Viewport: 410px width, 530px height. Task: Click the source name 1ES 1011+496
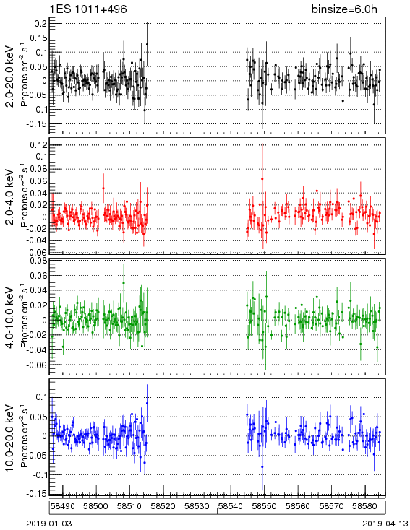tap(88, 9)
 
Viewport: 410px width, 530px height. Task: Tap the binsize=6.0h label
tap(344, 9)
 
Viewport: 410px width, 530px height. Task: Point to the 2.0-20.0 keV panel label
tap(11, 76)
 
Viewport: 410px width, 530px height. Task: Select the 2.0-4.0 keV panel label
tap(11, 197)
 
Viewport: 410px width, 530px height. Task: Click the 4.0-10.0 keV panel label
tap(11, 318)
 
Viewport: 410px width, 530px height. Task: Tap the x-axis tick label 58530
tap(196, 506)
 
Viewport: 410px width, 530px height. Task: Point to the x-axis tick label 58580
tap(364, 506)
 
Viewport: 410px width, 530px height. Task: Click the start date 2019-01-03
tap(49, 524)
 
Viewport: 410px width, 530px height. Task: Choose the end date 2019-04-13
tap(385, 524)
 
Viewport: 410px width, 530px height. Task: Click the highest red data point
tap(262, 179)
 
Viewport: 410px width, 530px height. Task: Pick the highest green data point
tap(124, 283)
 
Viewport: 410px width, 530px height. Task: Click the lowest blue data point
tap(262, 466)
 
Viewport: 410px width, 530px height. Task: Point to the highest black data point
tap(147, 44)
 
